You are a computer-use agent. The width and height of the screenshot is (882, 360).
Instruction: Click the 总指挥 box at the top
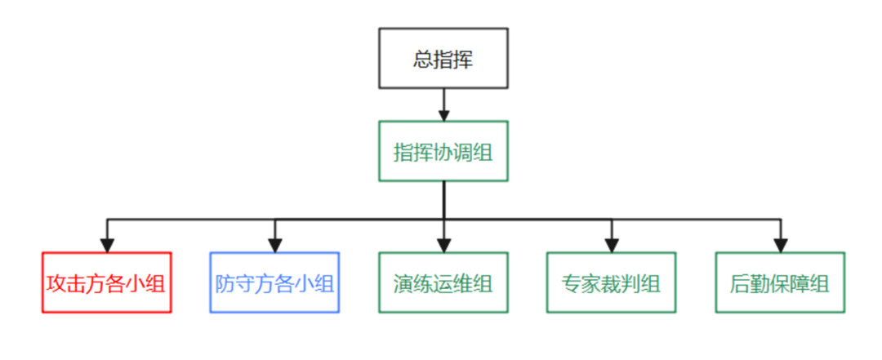pyautogui.click(x=443, y=58)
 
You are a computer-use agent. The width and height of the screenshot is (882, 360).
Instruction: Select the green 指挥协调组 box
pyautogui.click(x=443, y=151)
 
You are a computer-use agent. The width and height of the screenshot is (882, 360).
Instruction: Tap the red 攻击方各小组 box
pyautogui.click(x=106, y=282)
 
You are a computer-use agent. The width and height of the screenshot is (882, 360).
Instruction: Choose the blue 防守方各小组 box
pyautogui.click(x=274, y=282)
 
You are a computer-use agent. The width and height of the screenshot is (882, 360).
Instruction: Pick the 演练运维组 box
pyautogui.click(x=443, y=282)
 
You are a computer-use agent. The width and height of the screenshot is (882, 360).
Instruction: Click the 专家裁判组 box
pyautogui.click(x=612, y=282)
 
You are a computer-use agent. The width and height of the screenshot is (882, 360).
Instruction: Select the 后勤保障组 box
pyautogui.click(x=780, y=282)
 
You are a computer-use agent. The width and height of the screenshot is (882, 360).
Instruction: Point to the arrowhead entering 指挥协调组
pyautogui.click(x=443, y=113)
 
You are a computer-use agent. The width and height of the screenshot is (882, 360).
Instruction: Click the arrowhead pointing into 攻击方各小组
pyautogui.click(x=106, y=244)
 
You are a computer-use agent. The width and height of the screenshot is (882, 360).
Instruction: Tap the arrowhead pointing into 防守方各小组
pyautogui.click(x=274, y=244)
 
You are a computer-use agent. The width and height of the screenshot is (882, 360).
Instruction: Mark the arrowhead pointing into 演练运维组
pyautogui.click(x=443, y=244)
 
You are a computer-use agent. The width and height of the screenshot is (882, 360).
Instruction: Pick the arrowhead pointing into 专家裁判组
pyautogui.click(x=612, y=244)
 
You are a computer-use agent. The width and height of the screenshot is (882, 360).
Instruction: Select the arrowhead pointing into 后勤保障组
pyautogui.click(x=780, y=244)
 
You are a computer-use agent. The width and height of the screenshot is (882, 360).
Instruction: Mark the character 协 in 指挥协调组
pyautogui.click(x=443, y=152)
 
